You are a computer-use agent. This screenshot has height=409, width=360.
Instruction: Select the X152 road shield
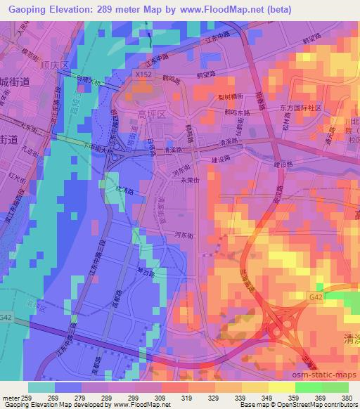[x=141, y=73]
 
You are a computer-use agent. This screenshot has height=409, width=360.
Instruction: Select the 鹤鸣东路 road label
[x=235, y=111]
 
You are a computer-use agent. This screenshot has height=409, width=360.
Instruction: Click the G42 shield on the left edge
[x=7, y=318]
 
